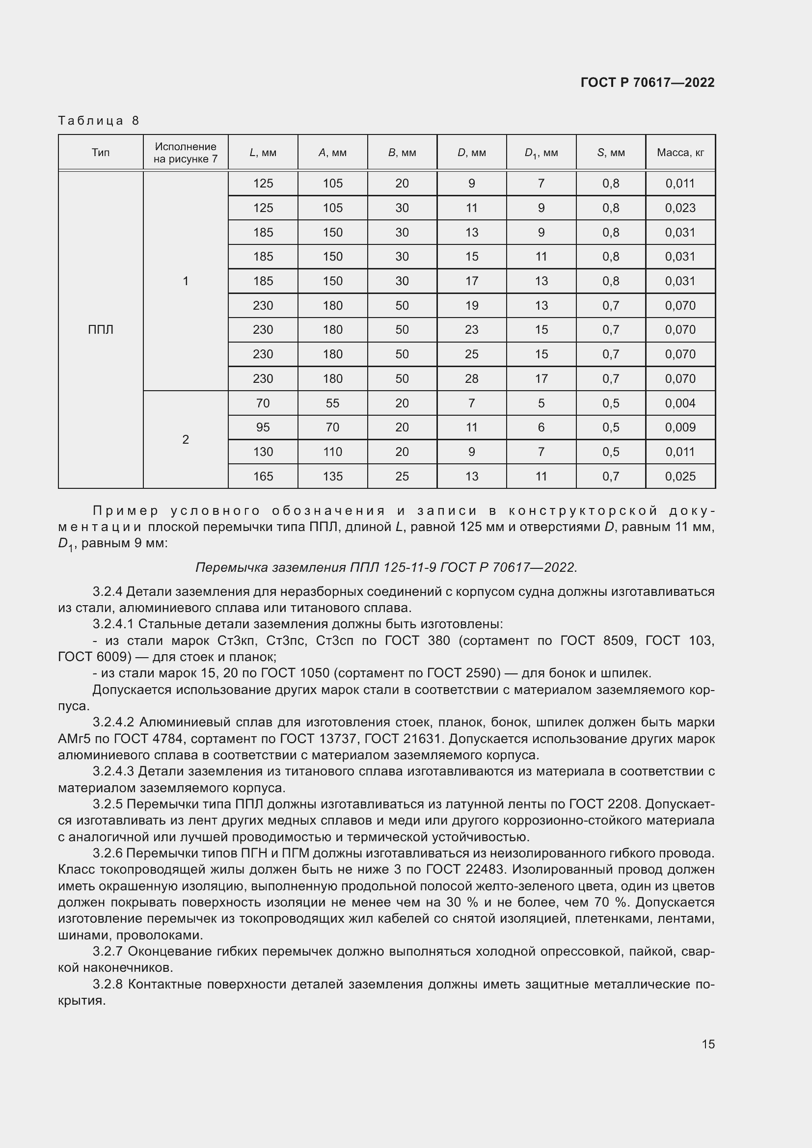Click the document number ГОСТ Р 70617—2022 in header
[x=647, y=82]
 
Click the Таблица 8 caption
[x=99, y=121]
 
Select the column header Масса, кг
[x=680, y=153]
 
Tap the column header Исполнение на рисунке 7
[x=186, y=153]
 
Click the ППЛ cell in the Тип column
[x=101, y=329]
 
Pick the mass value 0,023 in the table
[x=680, y=208]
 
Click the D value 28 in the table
[x=471, y=378]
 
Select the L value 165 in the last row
[x=263, y=476]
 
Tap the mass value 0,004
[x=680, y=403]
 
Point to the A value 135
[x=332, y=476]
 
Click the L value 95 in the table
[x=263, y=427]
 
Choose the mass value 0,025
[x=680, y=476]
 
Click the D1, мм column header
[x=541, y=153]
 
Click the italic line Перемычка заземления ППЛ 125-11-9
[x=386, y=567]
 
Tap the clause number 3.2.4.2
[x=113, y=722]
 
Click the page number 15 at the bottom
[x=708, y=1044]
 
